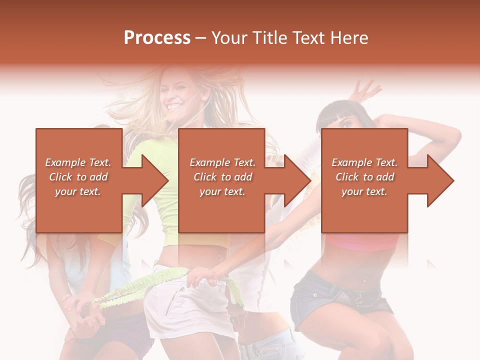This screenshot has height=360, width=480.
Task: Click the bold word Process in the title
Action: coord(157,38)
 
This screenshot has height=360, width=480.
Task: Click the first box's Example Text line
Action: coord(78,162)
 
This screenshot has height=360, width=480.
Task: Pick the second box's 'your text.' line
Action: coord(222,191)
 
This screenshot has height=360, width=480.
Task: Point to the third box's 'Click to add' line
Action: coord(364,177)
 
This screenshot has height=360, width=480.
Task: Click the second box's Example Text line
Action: coord(222,162)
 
